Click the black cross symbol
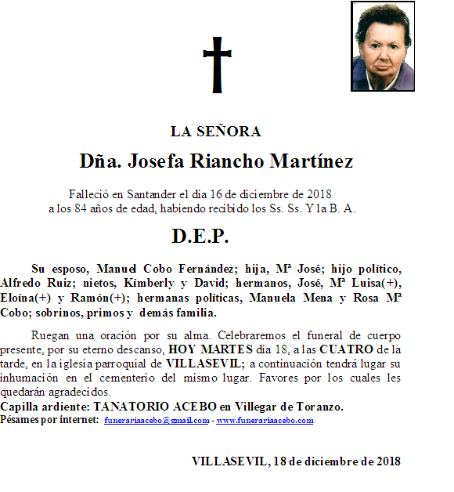point(218,63)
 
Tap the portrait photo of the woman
point(382,46)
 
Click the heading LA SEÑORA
point(215,132)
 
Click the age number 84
point(75,208)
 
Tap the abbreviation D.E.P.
point(200,236)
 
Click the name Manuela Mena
point(298,298)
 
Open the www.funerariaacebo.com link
point(265,421)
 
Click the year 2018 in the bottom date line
point(387,461)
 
